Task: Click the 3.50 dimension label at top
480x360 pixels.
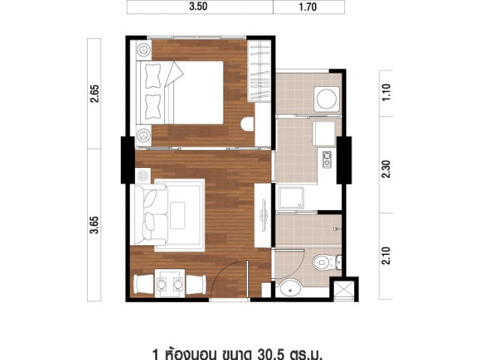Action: (x=198, y=7)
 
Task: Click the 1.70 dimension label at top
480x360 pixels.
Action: (x=307, y=7)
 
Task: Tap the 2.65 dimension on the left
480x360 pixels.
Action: (x=95, y=93)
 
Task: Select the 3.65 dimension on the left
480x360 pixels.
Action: (x=94, y=225)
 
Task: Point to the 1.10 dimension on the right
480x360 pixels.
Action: (x=386, y=92)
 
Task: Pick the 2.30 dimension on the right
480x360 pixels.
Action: (x=387, y=169)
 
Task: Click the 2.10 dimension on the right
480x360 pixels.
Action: (x=387, y=256)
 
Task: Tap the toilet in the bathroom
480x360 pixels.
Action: (x=327, y=262)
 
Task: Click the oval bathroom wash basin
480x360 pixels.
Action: (x=290, y=289)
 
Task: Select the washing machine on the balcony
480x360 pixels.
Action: (x=327, y=99)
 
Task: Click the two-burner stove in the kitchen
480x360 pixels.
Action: (x=327, y=160)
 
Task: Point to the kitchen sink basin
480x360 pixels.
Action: (x=291, y=197)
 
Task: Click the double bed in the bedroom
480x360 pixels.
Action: (x=181, y=92)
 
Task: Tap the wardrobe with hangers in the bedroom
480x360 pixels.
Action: (x=259, y=70)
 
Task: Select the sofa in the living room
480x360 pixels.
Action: (x=149, y=214)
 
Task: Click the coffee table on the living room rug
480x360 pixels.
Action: (x=178, y=215)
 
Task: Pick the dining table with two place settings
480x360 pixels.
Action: (x=170, y=283)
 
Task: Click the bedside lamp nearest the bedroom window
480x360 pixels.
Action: (x=143, y=49)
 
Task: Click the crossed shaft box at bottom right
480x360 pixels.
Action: (x=343, y=289)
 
